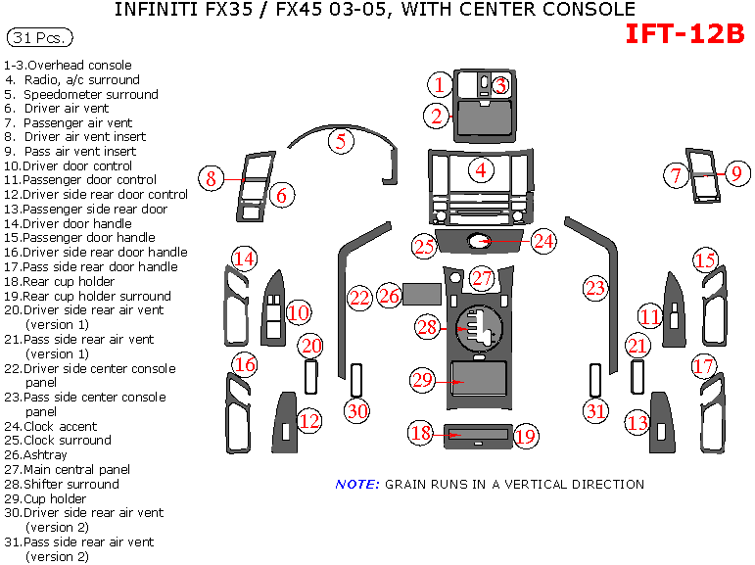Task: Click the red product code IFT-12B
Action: pos(684,33)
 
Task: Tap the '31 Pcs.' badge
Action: pos(38,39)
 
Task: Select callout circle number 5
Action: pos(340,140)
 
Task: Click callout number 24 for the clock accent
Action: pos(543,240)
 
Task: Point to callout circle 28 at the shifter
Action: pos(427,326)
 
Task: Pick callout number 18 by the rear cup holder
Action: pos(421,433)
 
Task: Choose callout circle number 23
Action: pos(595,288)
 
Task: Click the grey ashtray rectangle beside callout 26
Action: pos(422,293)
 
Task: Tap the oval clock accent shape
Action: pos(481,241)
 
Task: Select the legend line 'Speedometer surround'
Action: pos(90,94)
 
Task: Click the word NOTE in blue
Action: pos(355,484)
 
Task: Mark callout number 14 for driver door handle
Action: pos(245,259)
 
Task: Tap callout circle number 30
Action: pos(356,410)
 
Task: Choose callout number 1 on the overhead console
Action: pos(442,84)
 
